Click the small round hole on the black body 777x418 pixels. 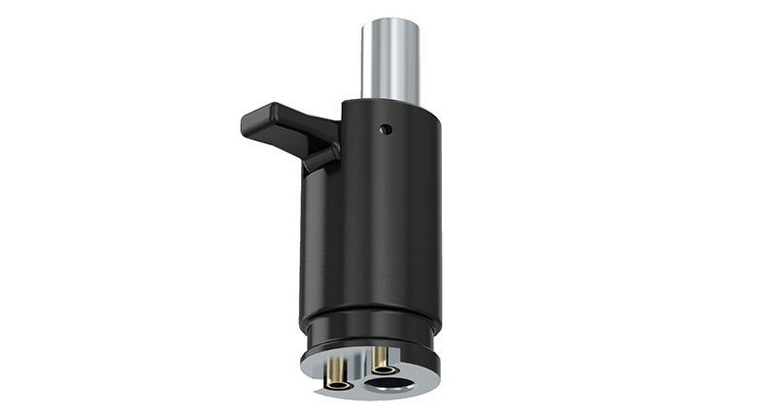(x=386, y=128)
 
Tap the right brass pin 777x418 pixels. (x=381, y=360)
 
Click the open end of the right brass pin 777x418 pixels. (x=382, y=370)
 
